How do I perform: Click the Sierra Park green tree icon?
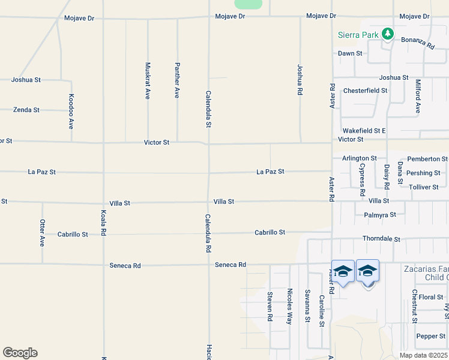pos(388,34)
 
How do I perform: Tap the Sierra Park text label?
pos(358,35)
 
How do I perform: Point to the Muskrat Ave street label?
pos(148,80)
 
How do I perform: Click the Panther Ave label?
pos(177,80)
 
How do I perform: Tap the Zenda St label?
pos(26,110)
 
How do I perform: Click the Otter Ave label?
pos(42,232)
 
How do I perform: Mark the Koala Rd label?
pos(103,223)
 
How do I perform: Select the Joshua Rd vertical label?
pos(299,80)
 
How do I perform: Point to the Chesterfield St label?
pos(365,91)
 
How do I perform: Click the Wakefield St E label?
pos(364,130)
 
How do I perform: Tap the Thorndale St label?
pos(381,239)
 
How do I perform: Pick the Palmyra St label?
pos(380,214)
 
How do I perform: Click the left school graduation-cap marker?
pos(343,272)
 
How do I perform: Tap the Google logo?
pos(20,353)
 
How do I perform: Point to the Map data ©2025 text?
pos(424,355)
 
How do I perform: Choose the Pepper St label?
pos(431,336)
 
